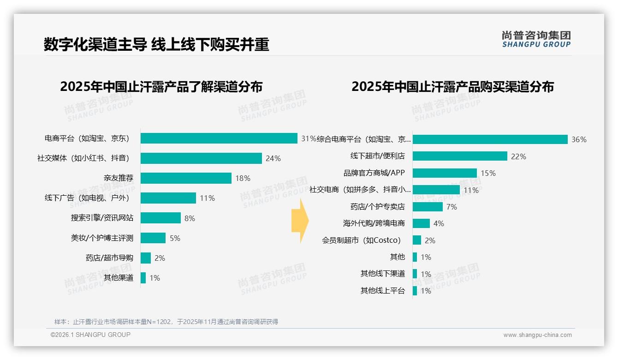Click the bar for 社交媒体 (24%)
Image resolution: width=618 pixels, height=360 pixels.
coord(201,158)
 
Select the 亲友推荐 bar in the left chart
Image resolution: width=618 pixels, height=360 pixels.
coord(186,178)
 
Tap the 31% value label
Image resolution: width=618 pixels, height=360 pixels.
coord(309,138)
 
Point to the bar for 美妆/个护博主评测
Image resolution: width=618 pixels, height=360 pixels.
coord(153,238)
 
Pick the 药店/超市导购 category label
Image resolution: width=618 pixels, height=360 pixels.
coord(109,258)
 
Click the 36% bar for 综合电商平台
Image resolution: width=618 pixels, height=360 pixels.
coord(490,139)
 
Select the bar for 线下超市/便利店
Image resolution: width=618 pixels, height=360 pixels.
coord(460,156)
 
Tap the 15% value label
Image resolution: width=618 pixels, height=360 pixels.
coord(488,173)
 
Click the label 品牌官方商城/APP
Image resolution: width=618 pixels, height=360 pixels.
coord(374,173)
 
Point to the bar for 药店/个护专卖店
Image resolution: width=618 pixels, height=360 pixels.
coord(428,207)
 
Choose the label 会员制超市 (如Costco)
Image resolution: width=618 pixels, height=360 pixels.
coord(361,240)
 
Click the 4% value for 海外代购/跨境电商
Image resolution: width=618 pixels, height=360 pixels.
coord(439,223)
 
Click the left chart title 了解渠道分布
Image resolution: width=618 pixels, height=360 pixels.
coord(161,87)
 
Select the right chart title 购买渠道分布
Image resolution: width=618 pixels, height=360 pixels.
coord(452,87)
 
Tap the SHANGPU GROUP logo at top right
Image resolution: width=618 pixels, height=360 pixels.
coord(536,39)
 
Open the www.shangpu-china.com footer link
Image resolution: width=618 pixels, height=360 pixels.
coord(537,335)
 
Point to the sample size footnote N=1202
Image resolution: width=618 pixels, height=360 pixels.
coord(166,322)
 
